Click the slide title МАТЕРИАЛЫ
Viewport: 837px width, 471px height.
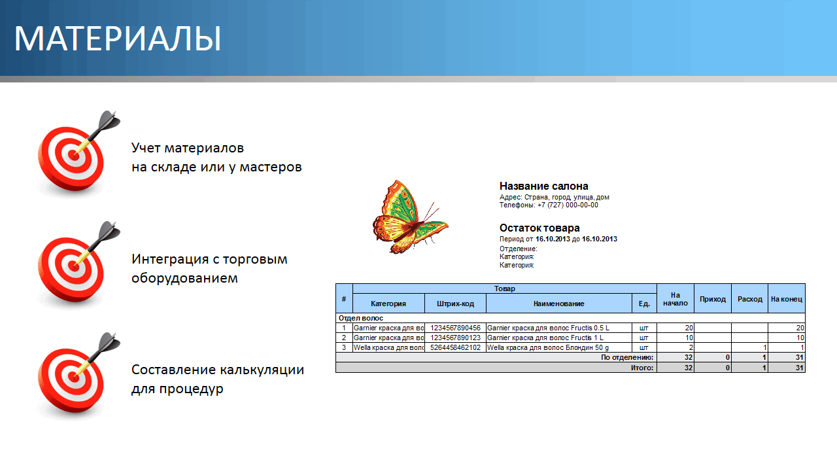tap(118, 39)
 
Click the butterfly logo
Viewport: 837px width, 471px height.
tap(410, 217)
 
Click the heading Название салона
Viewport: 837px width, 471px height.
tap(543, 186)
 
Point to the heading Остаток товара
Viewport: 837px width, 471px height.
tap(539, 228)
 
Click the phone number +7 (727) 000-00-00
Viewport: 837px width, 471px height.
tap(568, 205)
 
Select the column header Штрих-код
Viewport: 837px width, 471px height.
tap(455, 304)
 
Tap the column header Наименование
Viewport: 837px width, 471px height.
tap(558, 304)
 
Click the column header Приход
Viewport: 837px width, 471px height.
tap(713, 299)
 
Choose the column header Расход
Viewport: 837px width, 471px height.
tap(749, 299)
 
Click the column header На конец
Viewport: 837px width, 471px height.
tap(787, 299)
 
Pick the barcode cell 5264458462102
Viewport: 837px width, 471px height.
tap(455, 347)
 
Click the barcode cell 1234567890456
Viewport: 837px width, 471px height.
tap(455, 328)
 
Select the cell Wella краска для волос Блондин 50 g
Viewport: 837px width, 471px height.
tap(548, 347)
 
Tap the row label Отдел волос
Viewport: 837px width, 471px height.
tap(360, 318)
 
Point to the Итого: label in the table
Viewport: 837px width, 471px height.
tap(642, 368)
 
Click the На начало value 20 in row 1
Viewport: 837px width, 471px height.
tap(689, 328)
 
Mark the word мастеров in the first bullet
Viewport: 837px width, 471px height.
tap(271, 167)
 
